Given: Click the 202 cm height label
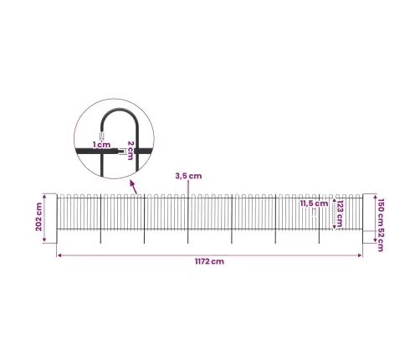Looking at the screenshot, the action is tap(38, 217).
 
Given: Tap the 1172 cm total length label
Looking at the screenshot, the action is tap(209, 261).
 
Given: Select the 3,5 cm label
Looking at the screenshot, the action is tap(188, 176).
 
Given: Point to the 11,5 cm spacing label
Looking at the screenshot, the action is tap(314, 203).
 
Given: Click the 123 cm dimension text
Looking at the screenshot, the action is tap(341, 213).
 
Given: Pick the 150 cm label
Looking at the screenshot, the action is tap(381, 213).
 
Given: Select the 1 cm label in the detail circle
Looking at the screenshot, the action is tap(102, 145).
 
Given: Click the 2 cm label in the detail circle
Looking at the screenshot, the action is tap(131, 151).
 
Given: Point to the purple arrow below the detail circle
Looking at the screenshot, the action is tap(134, 187).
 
